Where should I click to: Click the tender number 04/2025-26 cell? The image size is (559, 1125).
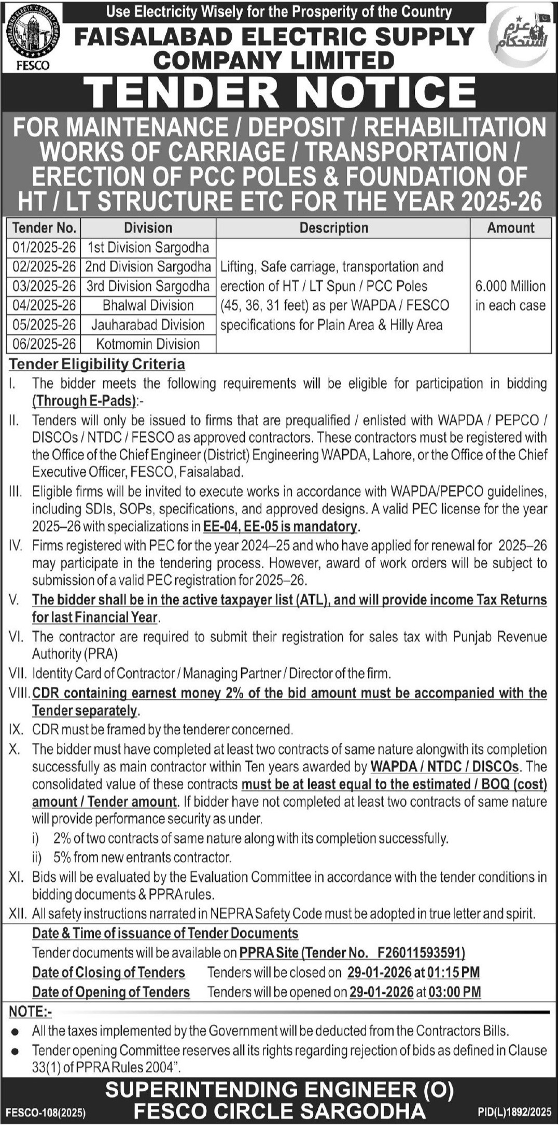coord(44,305)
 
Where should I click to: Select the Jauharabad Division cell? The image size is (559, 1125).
coord(148,325)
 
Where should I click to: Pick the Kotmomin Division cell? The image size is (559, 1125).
coord(148,344)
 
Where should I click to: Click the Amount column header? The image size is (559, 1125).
coord(510,228)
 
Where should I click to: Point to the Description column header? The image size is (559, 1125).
coord(334,228)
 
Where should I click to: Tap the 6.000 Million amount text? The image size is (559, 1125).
coord(510,286)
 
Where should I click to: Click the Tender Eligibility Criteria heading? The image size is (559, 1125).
coord(97,364)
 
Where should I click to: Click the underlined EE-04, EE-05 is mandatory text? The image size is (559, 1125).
coord(280,527)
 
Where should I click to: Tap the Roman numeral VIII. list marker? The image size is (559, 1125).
coord(20,693)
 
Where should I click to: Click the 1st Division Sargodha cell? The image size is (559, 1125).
coord(148,247)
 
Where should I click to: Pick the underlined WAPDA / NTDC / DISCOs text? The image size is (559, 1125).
coord(444,766)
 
